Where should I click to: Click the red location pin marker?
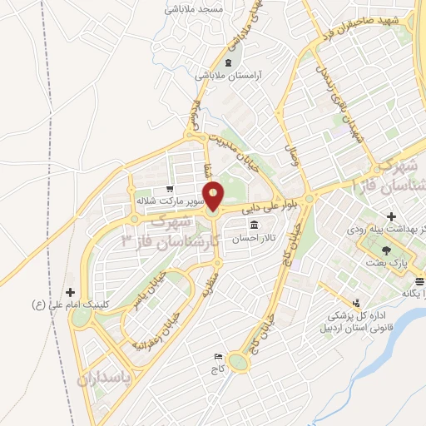[x=215, y=198]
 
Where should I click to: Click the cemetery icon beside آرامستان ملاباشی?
[x=228, y=63]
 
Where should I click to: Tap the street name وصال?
[x=293, y=155]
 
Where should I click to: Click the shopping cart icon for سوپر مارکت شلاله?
[x=170, y=189]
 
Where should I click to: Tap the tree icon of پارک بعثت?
[x=386, y=248]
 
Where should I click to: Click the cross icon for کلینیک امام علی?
[x=70, y=292]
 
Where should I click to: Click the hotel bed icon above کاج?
[x=218, y=354]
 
